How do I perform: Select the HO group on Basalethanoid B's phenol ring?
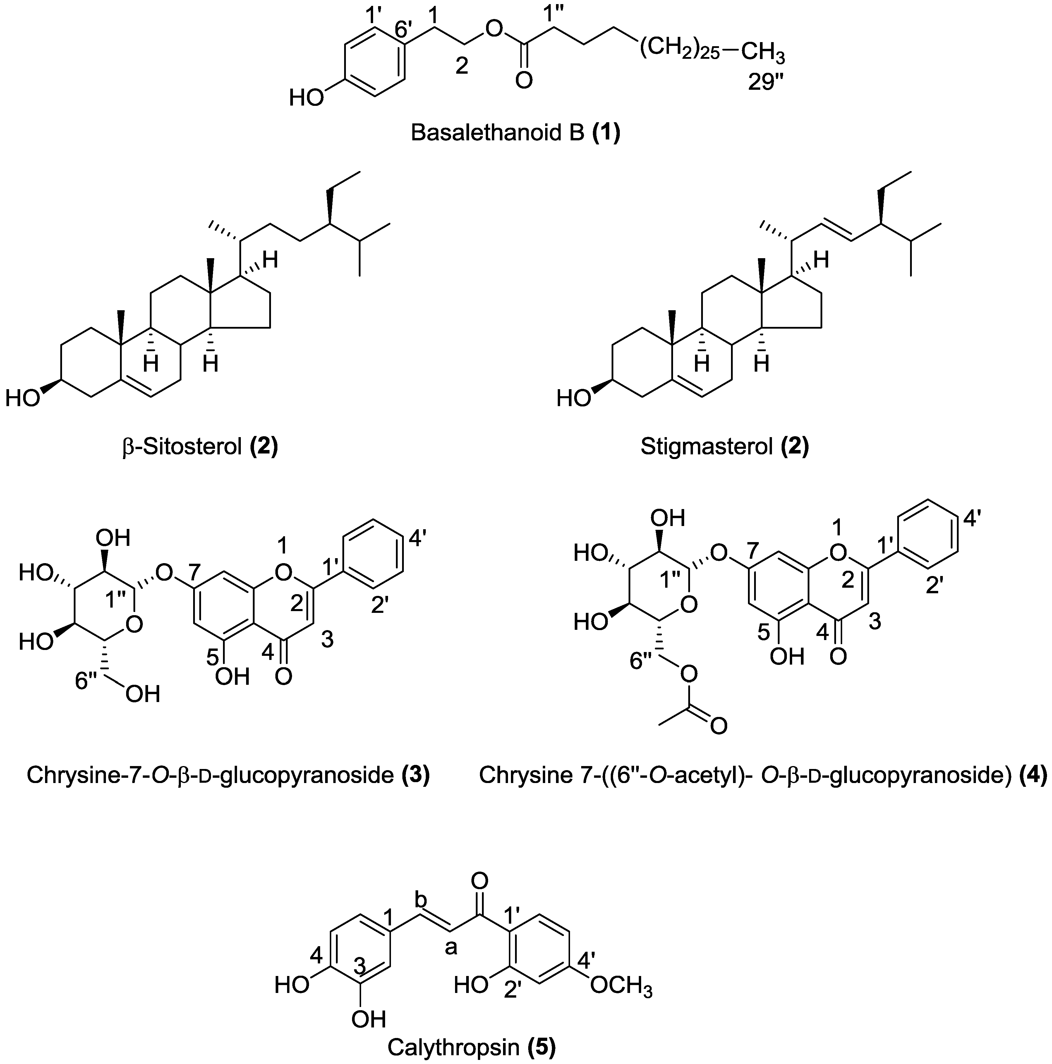point(307,99)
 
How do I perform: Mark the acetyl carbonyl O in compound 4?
point(718,726)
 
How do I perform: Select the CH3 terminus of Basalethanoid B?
point(762,54)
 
